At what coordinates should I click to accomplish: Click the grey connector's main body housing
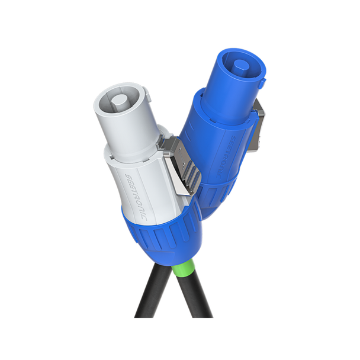142,178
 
